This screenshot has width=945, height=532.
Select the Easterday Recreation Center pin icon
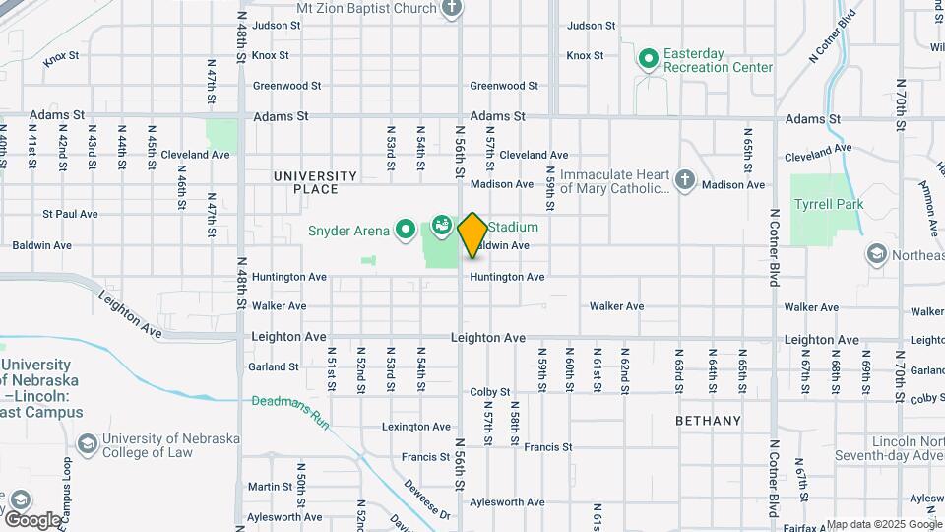coord(648,60)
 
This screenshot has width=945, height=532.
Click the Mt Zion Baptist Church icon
coord(452,8)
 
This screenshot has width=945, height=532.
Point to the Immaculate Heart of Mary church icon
coord(685,180)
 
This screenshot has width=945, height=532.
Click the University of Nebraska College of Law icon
coord(87,445)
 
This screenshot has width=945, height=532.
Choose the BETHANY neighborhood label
coord(709,421)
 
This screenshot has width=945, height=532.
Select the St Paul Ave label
coord(70,214)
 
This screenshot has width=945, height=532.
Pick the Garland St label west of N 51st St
coord(275,366)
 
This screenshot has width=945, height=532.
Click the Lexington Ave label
coord(415,427)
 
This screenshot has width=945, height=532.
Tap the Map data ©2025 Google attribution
coord(883,524)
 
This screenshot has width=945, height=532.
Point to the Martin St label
coord(270,487)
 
